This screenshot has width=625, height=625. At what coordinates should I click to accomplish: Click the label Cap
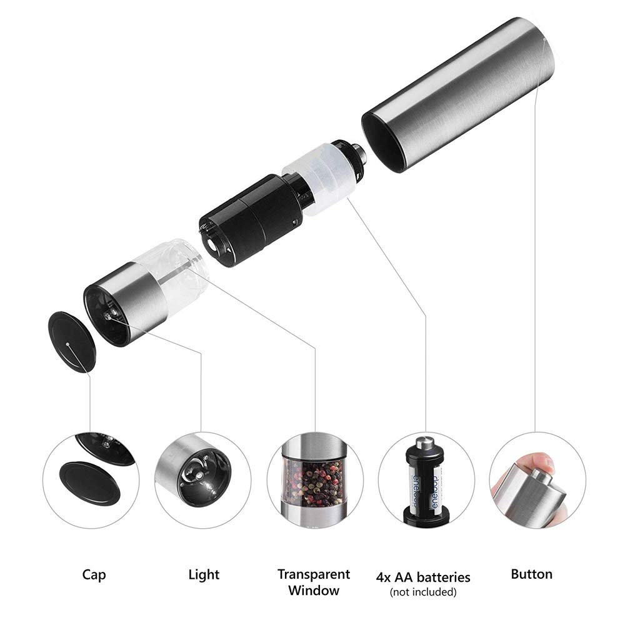[94, 574]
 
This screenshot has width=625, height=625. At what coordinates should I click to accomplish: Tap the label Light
[204, 574]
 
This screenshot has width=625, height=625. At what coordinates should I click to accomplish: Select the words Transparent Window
[314, 582]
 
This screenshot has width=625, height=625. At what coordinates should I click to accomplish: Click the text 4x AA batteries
[423, 577]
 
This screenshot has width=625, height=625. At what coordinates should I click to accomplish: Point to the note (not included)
[423, 592]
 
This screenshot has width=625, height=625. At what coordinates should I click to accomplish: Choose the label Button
[532, 574]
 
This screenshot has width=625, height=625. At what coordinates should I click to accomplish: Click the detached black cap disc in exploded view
[72, 342]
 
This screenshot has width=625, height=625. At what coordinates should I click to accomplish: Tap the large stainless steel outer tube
[458, 95]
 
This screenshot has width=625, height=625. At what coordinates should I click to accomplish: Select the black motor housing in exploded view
[251, 221]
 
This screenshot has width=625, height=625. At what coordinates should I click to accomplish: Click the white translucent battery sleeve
[319, 174]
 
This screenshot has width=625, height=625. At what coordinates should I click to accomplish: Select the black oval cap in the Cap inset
[89, 482]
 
